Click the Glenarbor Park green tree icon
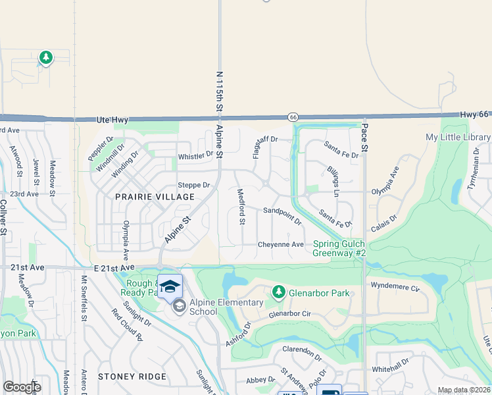[x=278, y=292]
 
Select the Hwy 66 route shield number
[x=293, y=117]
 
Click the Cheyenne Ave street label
[x=280, y=244]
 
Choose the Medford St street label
[x=241, y=207]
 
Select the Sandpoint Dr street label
[x=282, y=216]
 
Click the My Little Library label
[x=458, y=138]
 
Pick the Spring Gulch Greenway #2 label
[x=338, y=248]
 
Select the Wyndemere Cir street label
[x=395, y=288]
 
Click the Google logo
[x=22, y=387]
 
